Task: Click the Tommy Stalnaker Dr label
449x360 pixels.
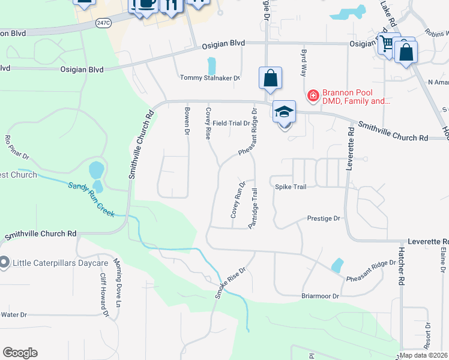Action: click(210, 78)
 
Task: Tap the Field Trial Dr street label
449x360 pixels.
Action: click(231, 123)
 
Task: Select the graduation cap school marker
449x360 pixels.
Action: click(284, 112)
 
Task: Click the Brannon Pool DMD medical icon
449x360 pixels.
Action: click(313, 95)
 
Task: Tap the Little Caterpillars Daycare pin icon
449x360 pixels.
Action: click(4, 263)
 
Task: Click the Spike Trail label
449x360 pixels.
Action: click(291, 187)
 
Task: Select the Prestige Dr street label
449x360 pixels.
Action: click(324, 219)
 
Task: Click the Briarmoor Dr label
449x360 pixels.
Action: click(320, 296)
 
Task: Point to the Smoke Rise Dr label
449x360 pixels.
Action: click(231, 283)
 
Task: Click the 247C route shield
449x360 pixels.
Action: click(103, 22)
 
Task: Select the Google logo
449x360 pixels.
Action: click(20, 353)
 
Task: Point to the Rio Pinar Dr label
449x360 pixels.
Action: click(17, 148)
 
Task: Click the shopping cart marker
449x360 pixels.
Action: click(387, 44)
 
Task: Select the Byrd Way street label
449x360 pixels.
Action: click(303, 62)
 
